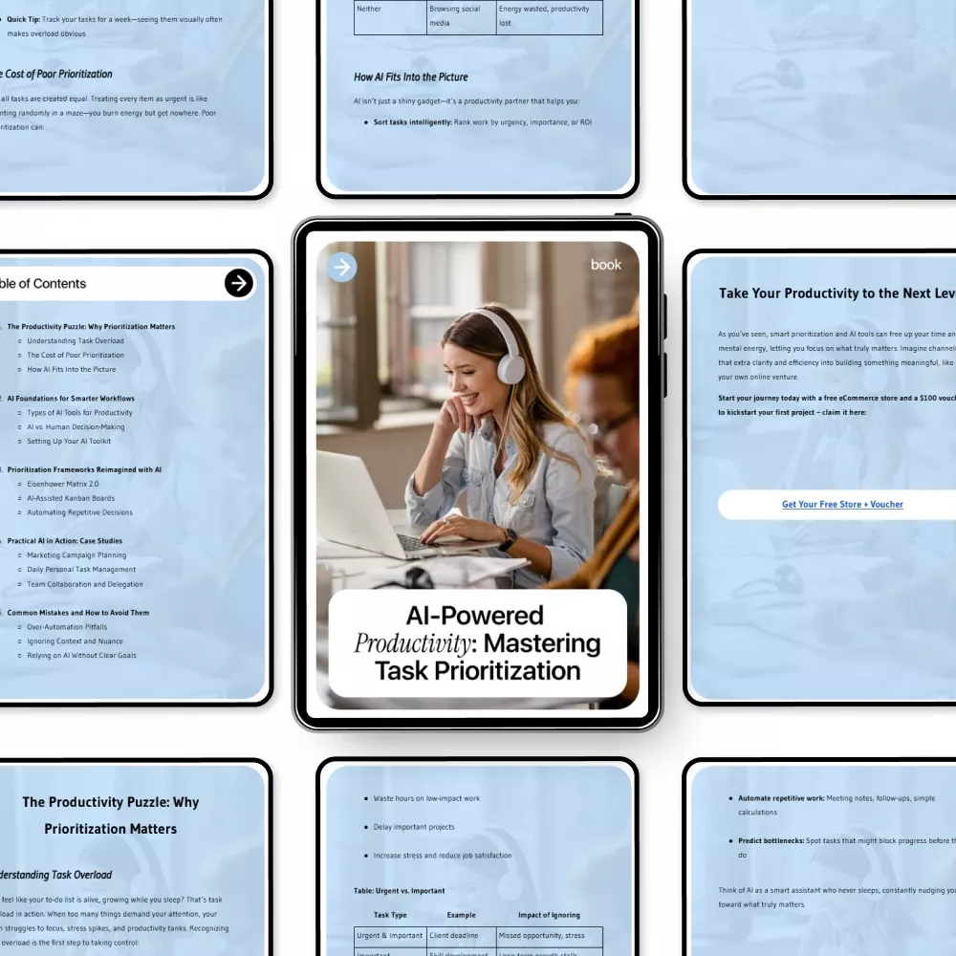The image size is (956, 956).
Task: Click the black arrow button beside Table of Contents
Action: (x=239, y=283)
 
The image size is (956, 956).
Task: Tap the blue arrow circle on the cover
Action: (x=342, y=268)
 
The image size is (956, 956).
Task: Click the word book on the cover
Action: (x=606, y=265)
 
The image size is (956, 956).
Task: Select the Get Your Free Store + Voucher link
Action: (x=842, y=505)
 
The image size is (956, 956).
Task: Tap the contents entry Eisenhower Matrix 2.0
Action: (x=63, y=484)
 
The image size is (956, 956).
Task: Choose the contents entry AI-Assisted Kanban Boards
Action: (x=71, y=498)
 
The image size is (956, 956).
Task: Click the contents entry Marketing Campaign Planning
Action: (x=76, y=554)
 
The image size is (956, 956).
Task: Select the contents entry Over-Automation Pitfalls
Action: (x=67, y=627)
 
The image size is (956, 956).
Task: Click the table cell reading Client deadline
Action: (x=453, y=937)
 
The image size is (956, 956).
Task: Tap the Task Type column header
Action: (x=390, y=915)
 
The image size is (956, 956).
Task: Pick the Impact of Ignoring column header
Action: (x=549, y=915)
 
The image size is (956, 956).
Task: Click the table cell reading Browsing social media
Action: (x=455, y=15)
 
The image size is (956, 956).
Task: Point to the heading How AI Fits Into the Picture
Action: (x=411, y=76)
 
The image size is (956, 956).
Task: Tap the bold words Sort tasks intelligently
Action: (x=412, y=122)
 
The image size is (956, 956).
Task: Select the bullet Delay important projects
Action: (x=414, y=827)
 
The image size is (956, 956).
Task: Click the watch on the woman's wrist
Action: (x=507, y=540)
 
